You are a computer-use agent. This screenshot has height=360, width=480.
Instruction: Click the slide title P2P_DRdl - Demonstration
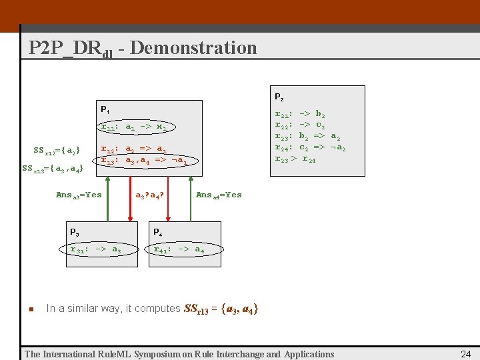[x=142, y=48]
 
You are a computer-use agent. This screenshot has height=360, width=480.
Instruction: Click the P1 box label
[x=105, y=109]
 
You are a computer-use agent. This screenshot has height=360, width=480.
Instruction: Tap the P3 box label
[x=75, y=232]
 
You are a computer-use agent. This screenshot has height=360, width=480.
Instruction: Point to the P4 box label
[x=157, y=232]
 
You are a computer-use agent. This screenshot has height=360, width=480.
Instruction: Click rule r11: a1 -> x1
[x=138, y=126]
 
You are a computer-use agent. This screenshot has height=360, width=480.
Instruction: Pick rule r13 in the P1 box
[x=143, y=160]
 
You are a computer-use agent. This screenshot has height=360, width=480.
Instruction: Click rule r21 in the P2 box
[x=300, y=115]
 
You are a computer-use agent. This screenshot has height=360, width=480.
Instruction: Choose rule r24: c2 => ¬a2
[x=310, y=147]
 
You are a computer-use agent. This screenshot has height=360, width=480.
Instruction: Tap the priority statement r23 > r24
[x=295, y=159]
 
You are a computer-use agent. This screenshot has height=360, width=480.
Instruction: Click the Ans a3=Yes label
[x=79, y=195]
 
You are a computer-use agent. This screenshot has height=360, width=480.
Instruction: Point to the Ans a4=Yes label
[x=219, y=195]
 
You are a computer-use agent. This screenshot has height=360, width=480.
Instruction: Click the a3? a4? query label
[x=150, y=195]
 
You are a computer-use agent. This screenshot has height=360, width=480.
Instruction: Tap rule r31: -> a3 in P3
[x=95, y=249]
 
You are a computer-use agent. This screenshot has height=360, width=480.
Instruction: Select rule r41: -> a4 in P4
[x=178, y=249]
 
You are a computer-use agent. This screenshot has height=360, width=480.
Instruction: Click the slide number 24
[x=466, y=354]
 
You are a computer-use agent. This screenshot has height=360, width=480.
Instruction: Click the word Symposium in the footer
[x=166, y=354]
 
